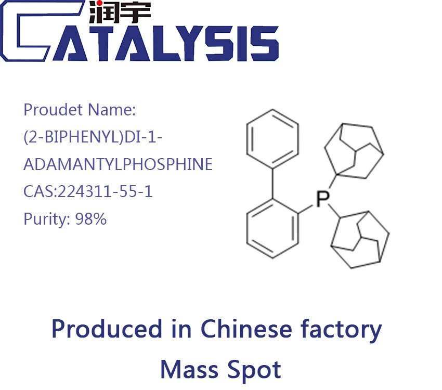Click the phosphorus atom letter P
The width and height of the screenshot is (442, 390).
(323, 199)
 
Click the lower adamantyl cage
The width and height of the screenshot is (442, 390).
(360, 240)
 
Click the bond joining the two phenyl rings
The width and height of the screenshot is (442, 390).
(272, 184)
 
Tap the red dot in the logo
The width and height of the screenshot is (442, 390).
(99, 4)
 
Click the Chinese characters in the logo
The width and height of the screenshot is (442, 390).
(120, 11)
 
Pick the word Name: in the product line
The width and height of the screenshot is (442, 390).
(112, 110)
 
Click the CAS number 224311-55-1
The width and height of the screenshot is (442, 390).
(105, 191)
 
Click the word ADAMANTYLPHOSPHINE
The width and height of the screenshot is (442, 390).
(118, 164)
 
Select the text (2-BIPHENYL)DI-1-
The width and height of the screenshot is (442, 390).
(93, 137)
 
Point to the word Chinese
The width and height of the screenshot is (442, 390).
(246, 329)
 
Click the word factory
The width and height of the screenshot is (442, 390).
(341, 330)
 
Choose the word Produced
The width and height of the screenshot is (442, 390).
(107, 329)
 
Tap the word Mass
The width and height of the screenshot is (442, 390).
(189, 370)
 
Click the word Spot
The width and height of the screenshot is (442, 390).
(254, 371)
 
